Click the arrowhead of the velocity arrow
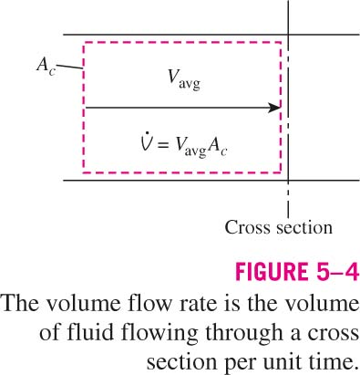(274, 108)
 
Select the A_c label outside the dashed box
(46, 66)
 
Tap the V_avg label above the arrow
(185, 79)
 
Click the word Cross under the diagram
(244, 227)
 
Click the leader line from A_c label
(69, 67)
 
